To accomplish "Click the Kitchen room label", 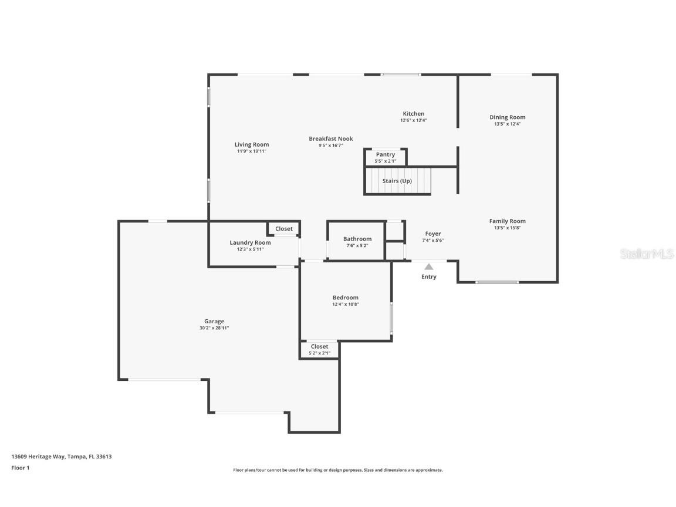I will point(413,114).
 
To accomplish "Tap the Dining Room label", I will point(508,117).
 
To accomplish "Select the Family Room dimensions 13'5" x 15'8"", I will point(508,228).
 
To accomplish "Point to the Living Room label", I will point(252,144).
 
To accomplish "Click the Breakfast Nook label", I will point(331,139).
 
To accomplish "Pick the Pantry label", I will point(386,154).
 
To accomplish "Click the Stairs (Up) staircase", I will point(397,181).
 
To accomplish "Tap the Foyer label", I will point(433,234).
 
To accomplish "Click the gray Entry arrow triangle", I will point(429,267).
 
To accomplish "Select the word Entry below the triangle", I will point(429,277).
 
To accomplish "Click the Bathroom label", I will point(357,239).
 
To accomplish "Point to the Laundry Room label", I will point(250,242).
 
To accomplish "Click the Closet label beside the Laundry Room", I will point(284,229).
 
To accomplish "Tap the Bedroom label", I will point(345,298).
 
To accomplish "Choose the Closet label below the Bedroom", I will point(320,346).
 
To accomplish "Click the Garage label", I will point(214,321).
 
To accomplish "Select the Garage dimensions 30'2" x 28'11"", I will point(214,328).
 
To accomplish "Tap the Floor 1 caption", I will point(20,468).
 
